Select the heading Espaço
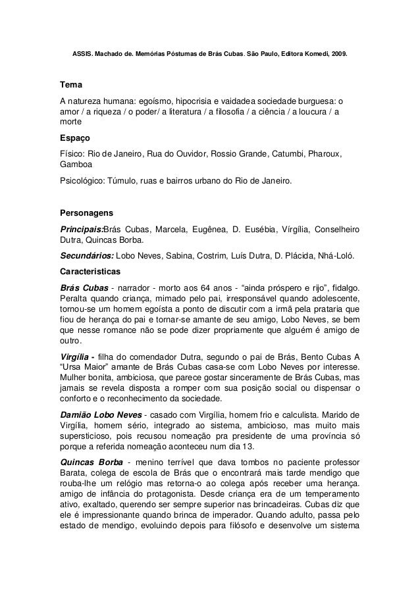coord(74,139)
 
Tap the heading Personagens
coord(86,214)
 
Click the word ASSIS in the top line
coord(80,52)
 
